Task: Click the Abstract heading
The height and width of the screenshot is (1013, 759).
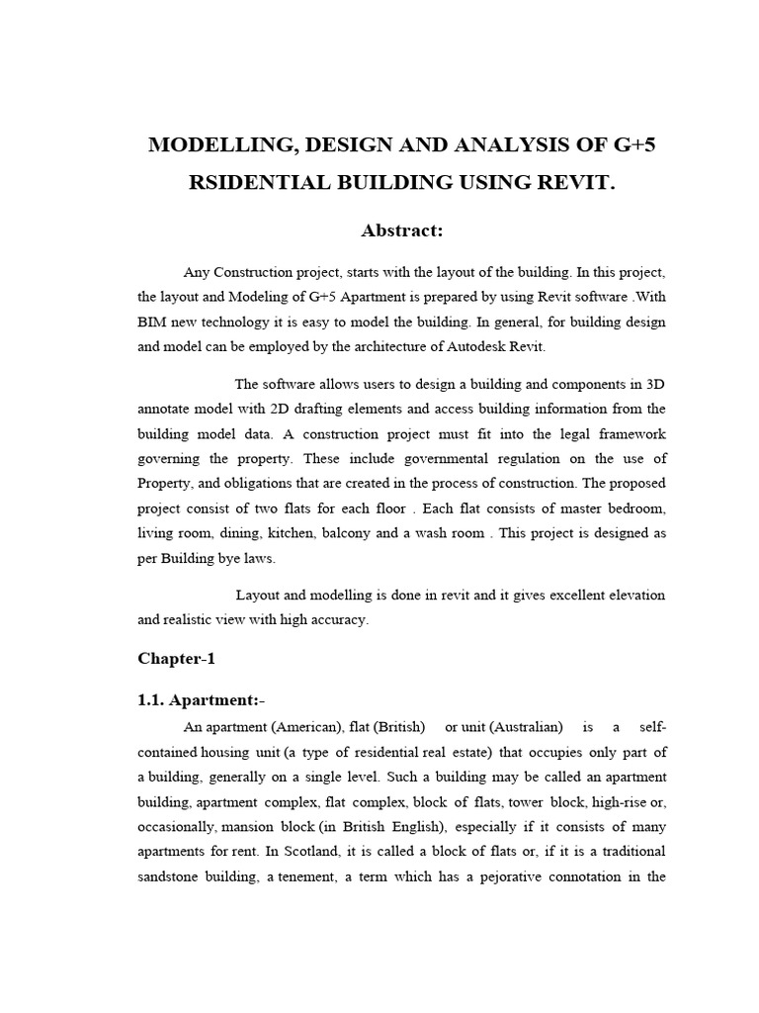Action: point(401,230)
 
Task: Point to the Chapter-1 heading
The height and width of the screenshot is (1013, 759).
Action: point(176,659)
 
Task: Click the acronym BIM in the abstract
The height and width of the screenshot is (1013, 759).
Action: point(153,322)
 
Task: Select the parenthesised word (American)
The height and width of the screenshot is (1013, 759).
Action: point(287,727)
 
